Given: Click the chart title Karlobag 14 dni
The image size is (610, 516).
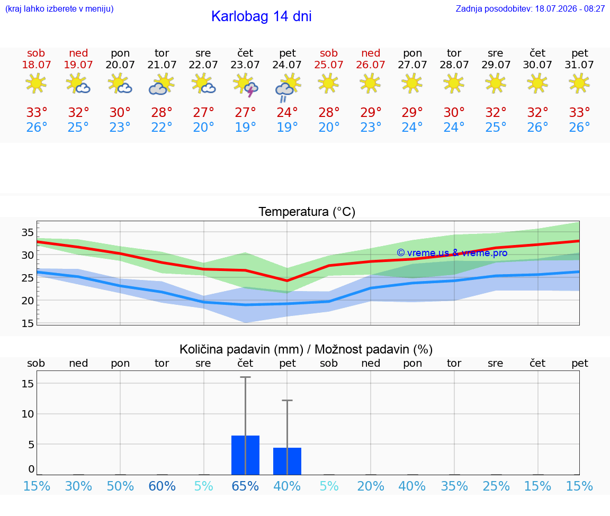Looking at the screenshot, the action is (x=261, y=16).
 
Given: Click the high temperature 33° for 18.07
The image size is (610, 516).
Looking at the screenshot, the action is (x=37, y=112).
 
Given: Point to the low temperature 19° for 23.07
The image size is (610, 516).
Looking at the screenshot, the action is (x=245, y=127).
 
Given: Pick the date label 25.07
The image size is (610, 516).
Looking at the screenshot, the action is (x=329, y=65).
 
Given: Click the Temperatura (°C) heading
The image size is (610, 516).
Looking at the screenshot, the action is (x=307, y=212).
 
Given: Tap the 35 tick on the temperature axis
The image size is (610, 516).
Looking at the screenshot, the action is (x=28, y=232).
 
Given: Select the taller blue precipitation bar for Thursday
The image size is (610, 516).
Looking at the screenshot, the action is (x=246, y=455).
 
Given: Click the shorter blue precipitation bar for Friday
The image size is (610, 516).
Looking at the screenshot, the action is (x=287, y=461).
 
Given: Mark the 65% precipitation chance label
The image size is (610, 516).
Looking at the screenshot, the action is (x=245, y=486).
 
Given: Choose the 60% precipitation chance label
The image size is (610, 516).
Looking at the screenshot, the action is (x=162, y=486).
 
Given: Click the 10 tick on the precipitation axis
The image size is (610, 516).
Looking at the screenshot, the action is (x=28, y=414).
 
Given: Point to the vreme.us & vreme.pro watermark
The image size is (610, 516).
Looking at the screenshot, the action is (x=452, y=253).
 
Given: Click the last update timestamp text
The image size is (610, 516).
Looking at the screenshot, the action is (x=530, y=8).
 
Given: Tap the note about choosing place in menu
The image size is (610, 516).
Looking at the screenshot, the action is (x=59, y=8).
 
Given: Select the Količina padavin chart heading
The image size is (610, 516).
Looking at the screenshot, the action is (x=306, y=349).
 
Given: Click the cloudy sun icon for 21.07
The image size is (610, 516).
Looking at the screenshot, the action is (x=162, y=85).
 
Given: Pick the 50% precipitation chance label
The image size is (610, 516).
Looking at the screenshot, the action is (x=120, y=486).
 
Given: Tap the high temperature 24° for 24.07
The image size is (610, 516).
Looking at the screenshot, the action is (x=287, y=112).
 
